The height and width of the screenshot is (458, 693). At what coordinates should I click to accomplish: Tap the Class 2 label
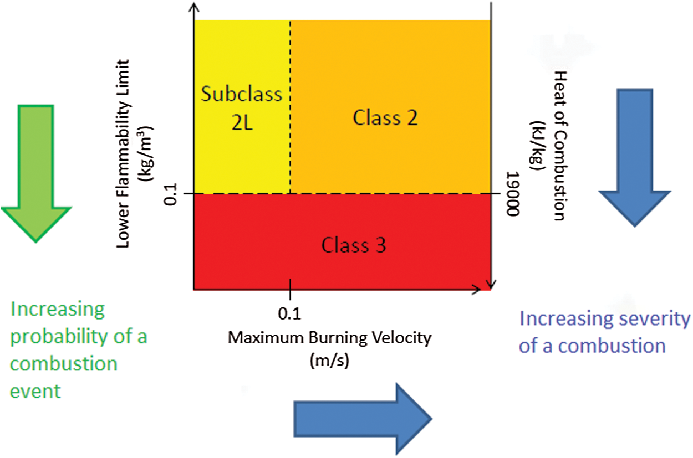point(385,117)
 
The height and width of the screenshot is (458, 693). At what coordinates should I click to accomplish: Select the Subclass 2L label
point(241,108)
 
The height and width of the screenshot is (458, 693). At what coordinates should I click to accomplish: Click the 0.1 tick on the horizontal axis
point(289,314)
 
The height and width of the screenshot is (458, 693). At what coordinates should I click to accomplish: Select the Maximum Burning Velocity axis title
point(329,338)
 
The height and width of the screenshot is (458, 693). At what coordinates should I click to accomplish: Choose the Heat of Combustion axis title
point(559,146)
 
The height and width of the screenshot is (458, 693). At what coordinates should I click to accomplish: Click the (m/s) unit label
point(329,359)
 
